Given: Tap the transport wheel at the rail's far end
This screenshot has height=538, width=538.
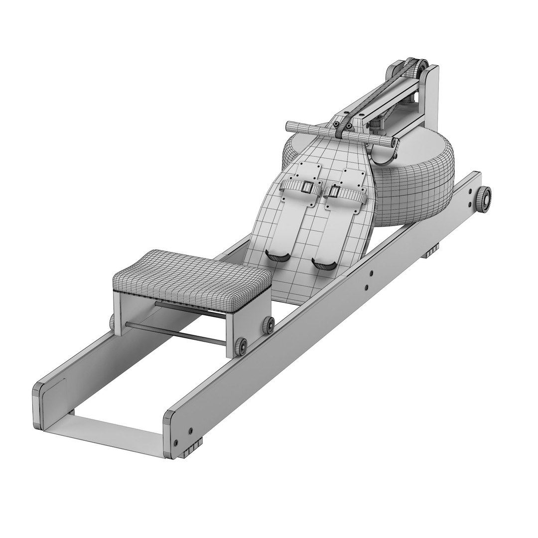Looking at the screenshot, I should (x=484, y=199).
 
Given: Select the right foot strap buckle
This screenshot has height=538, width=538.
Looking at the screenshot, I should (x=333, y=192).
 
